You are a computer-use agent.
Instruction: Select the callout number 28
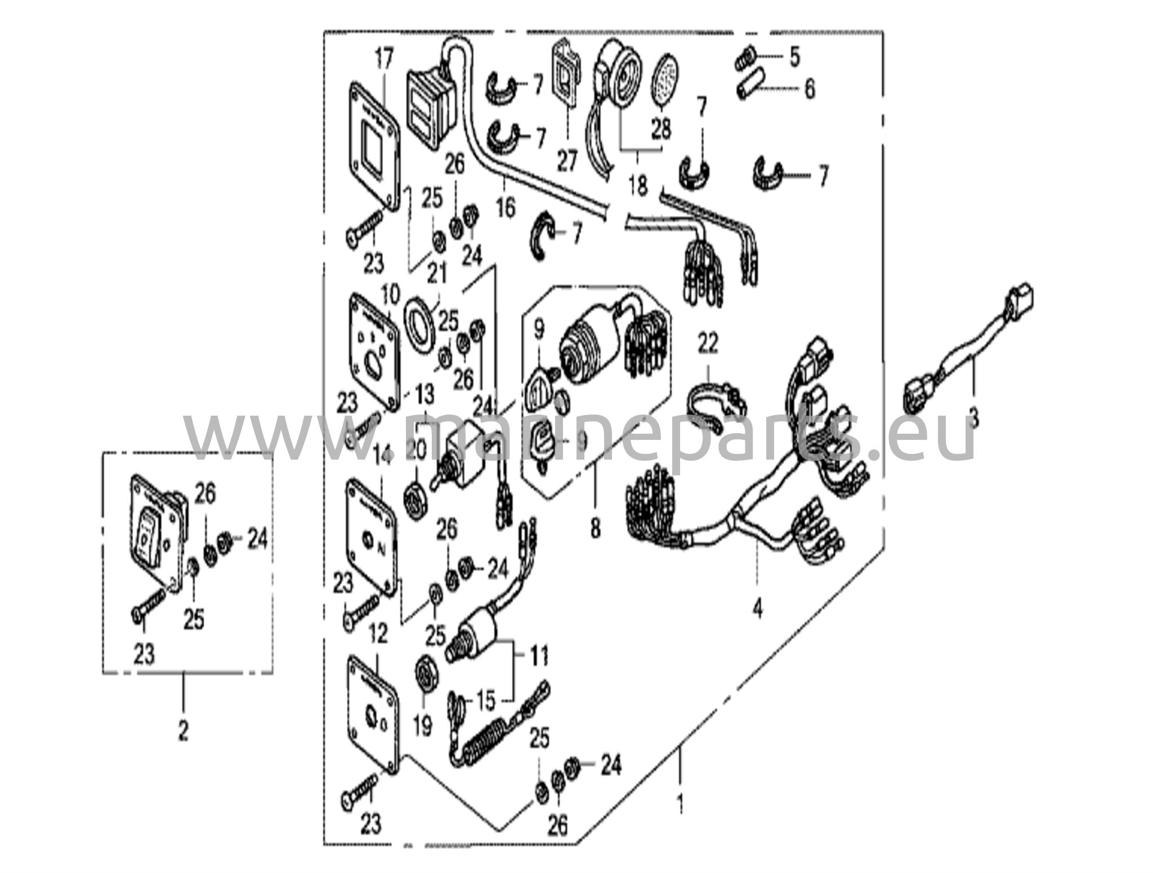[662, 130]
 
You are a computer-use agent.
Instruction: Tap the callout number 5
[794, 56]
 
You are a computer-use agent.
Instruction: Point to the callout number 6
[809, 89]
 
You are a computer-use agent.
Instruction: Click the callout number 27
[567, 161]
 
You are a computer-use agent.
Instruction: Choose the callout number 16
[506, 207]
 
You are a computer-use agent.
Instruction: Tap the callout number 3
[973, 418]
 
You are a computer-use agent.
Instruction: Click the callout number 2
[183, 731]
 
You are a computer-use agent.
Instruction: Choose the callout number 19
[423, 725]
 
